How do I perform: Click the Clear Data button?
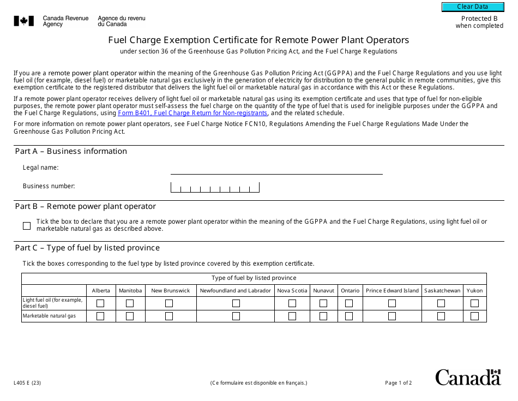tap(472, 7)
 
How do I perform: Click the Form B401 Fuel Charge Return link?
tap(192, 113)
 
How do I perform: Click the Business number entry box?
tap(215, 187)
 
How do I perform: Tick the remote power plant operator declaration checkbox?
tap(27, 225)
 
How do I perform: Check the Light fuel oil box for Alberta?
tap(100, 303)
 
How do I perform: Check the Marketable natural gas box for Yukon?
tap(474, 316)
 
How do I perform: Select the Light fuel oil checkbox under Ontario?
tap(349, 303)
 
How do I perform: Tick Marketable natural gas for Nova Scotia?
tap(292, 316)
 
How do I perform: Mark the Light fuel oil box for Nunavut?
tap(323, 303)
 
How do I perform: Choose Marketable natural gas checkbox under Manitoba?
tap(130, 316)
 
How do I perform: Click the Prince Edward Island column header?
tap(392, 291)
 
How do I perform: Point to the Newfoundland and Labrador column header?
tap(236, 291)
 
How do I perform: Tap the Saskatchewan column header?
tap(442, 291)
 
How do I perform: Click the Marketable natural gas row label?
tap(49, 316)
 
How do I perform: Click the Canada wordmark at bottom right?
tap(467, 378)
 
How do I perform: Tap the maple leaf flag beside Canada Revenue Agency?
tap(24, 21)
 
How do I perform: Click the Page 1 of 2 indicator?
tap(398, 383)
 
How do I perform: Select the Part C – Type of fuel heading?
tap(87, 248)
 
